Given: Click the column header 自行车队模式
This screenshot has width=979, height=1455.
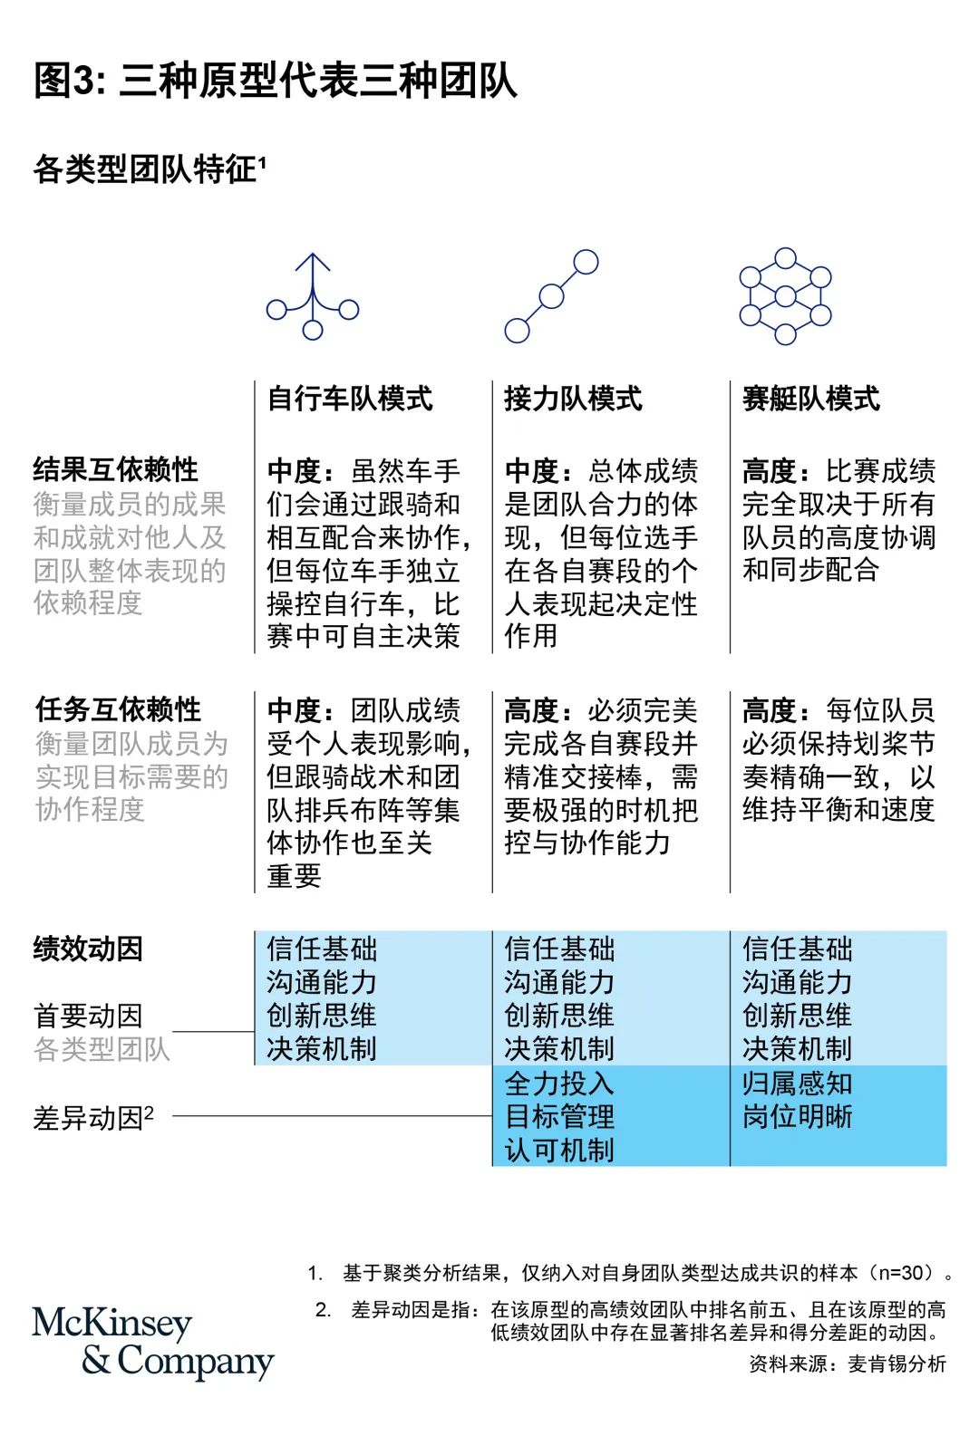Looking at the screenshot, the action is [350, 398].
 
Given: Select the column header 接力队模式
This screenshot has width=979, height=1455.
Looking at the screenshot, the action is [574, 398].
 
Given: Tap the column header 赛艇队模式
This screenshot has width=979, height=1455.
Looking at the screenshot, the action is [811, 398].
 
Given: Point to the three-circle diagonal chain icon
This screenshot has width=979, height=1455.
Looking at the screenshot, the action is [551, 296].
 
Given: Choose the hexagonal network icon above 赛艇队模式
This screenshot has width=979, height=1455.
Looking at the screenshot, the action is [785, 296].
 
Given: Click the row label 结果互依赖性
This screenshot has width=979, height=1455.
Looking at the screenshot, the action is [116, 469].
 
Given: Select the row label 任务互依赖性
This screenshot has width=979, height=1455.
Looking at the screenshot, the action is [118, 709].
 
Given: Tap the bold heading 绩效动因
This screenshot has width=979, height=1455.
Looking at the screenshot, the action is [88, 949].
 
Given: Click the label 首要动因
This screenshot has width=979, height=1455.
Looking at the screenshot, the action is [88, 1016].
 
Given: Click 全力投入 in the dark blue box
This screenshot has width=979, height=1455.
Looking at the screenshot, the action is [559, 1084].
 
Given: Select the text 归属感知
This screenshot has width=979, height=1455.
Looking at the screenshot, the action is [798, 1084].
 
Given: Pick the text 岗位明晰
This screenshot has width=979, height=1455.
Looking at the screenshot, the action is [798, 1116].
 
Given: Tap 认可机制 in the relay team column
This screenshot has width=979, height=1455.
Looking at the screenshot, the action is [559, 1151].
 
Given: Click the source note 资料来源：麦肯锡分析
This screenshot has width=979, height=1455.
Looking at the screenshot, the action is [848, 1364].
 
